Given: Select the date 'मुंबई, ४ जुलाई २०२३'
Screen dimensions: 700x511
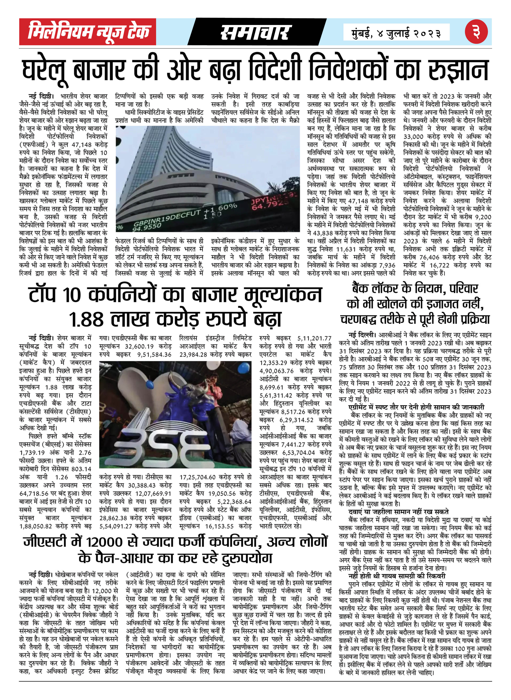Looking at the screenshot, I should click(396, 32).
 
